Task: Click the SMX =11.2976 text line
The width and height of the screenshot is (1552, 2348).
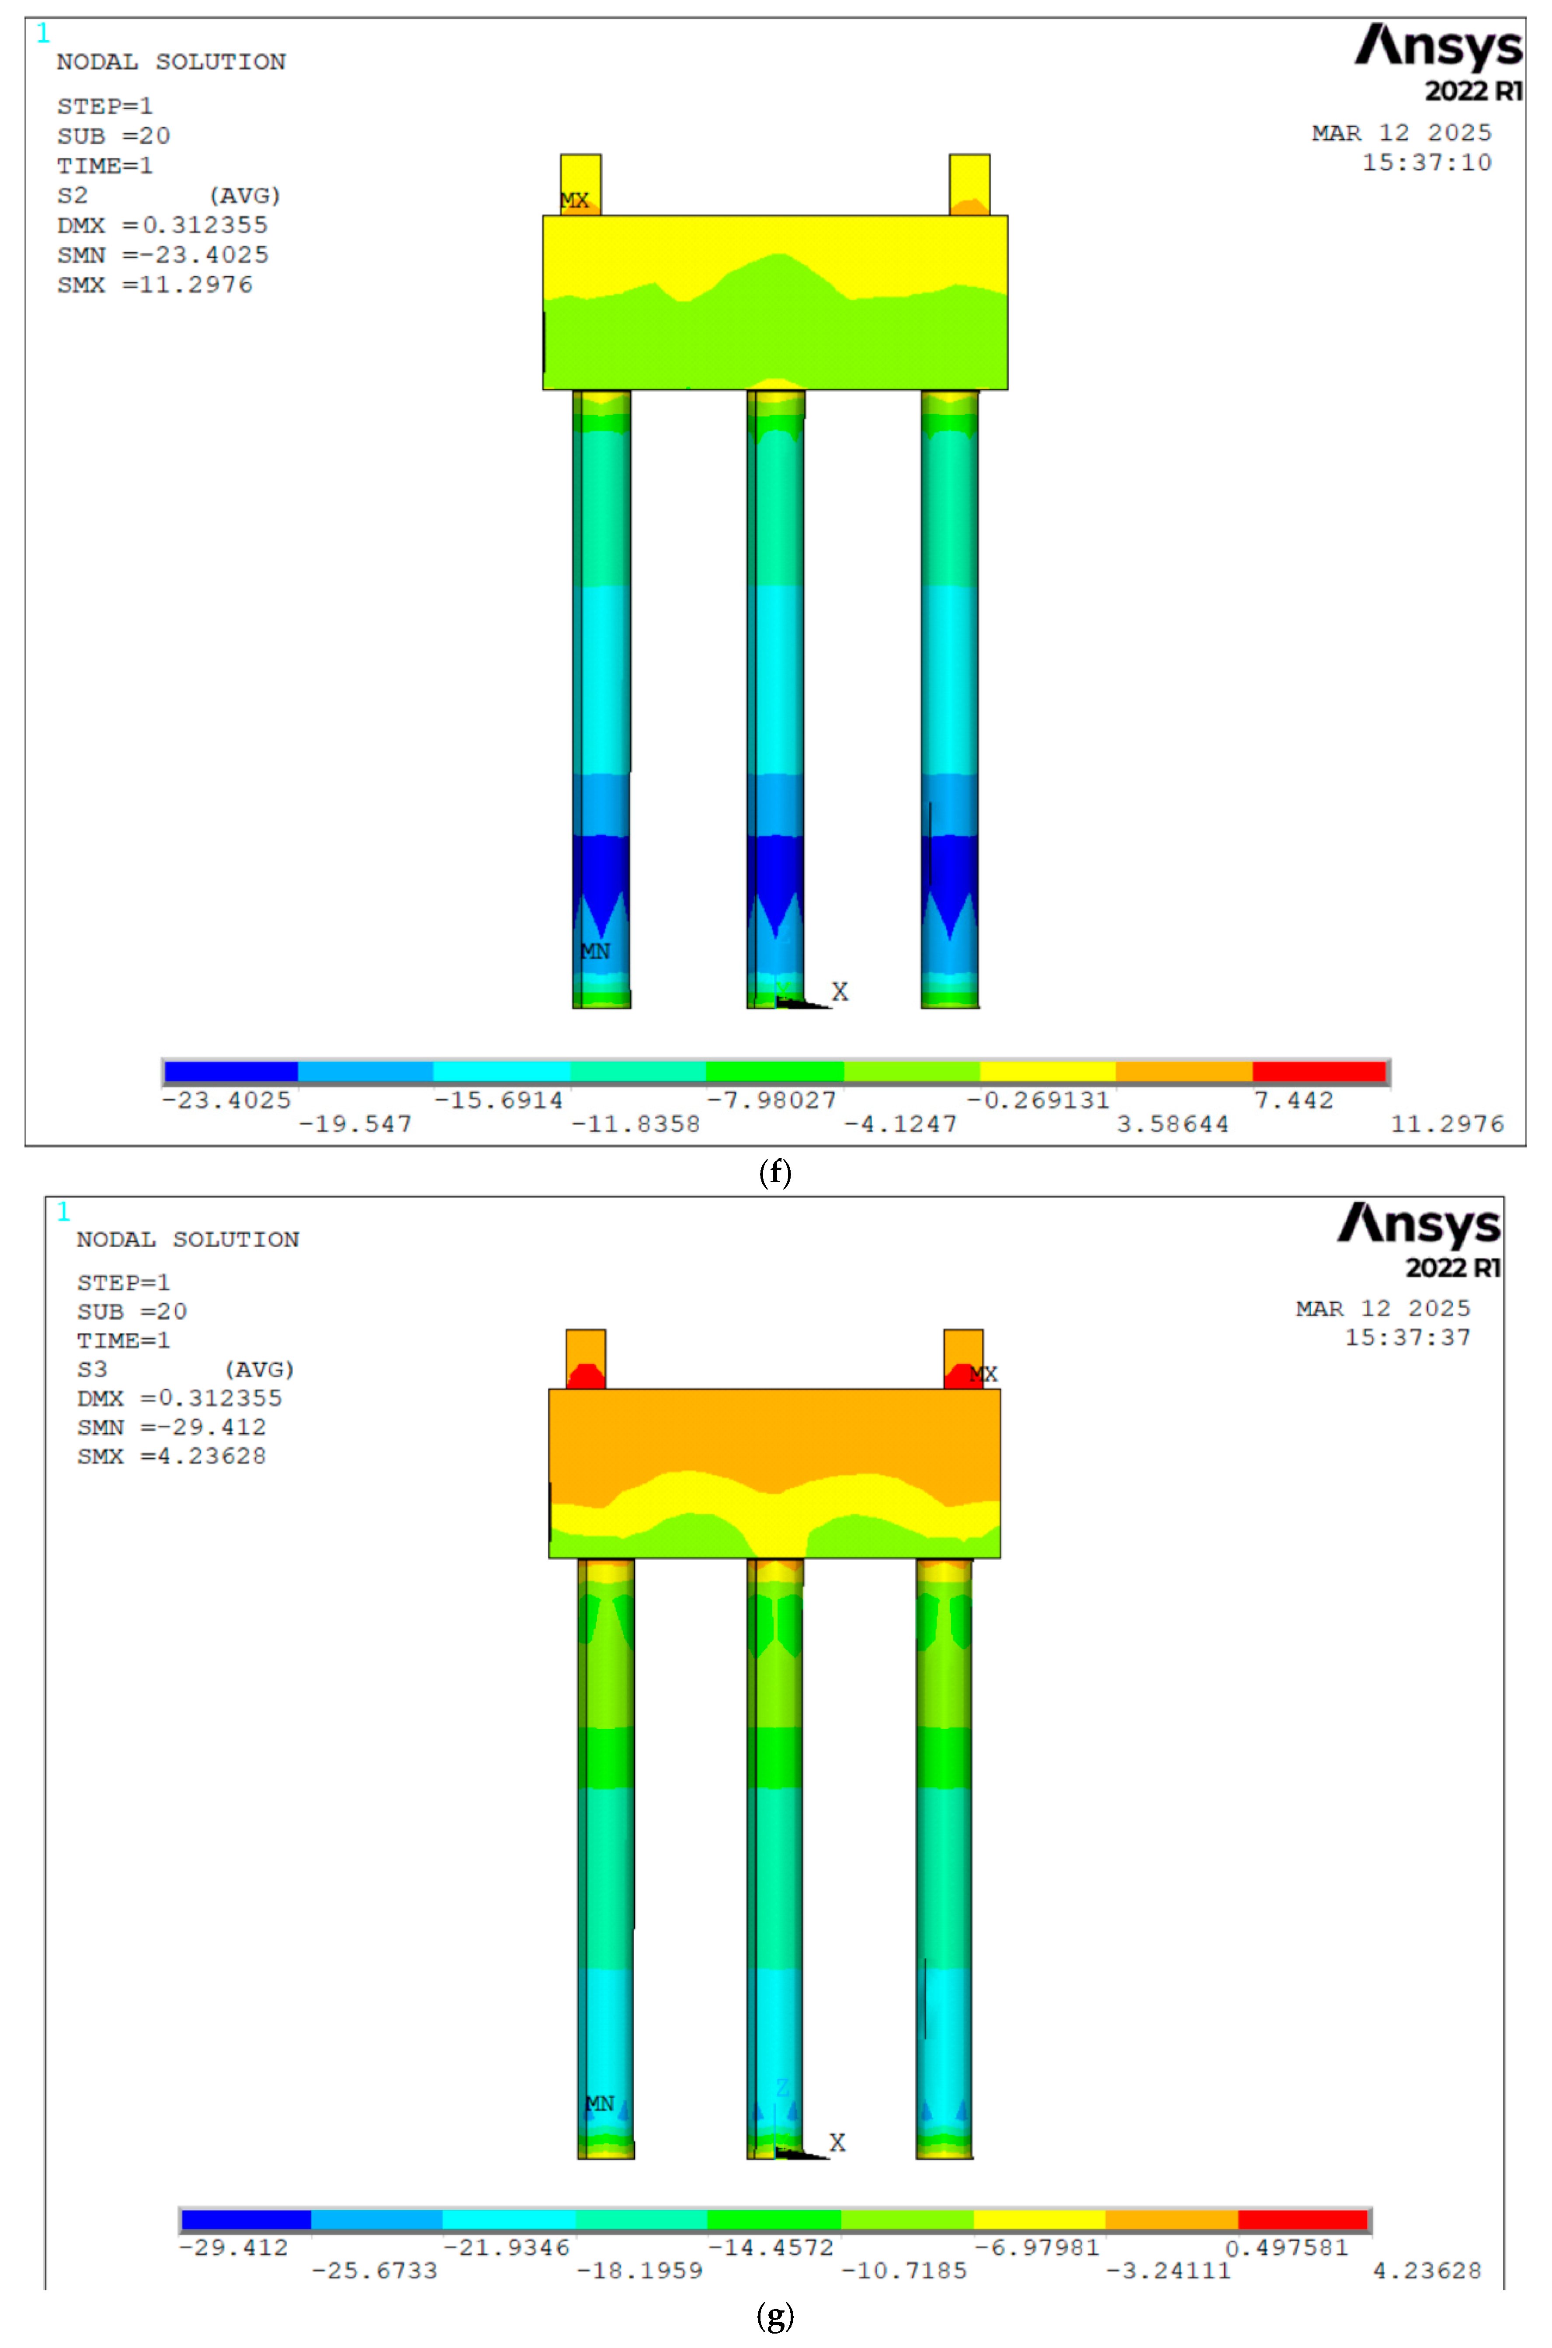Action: (x=154, y=285)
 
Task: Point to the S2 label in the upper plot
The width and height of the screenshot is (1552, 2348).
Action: (x=72, y=196)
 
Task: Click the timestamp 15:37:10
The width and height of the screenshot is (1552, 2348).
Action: (x=1426, y=162)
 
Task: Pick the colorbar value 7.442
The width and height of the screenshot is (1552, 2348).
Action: (x=1294, y=1100)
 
